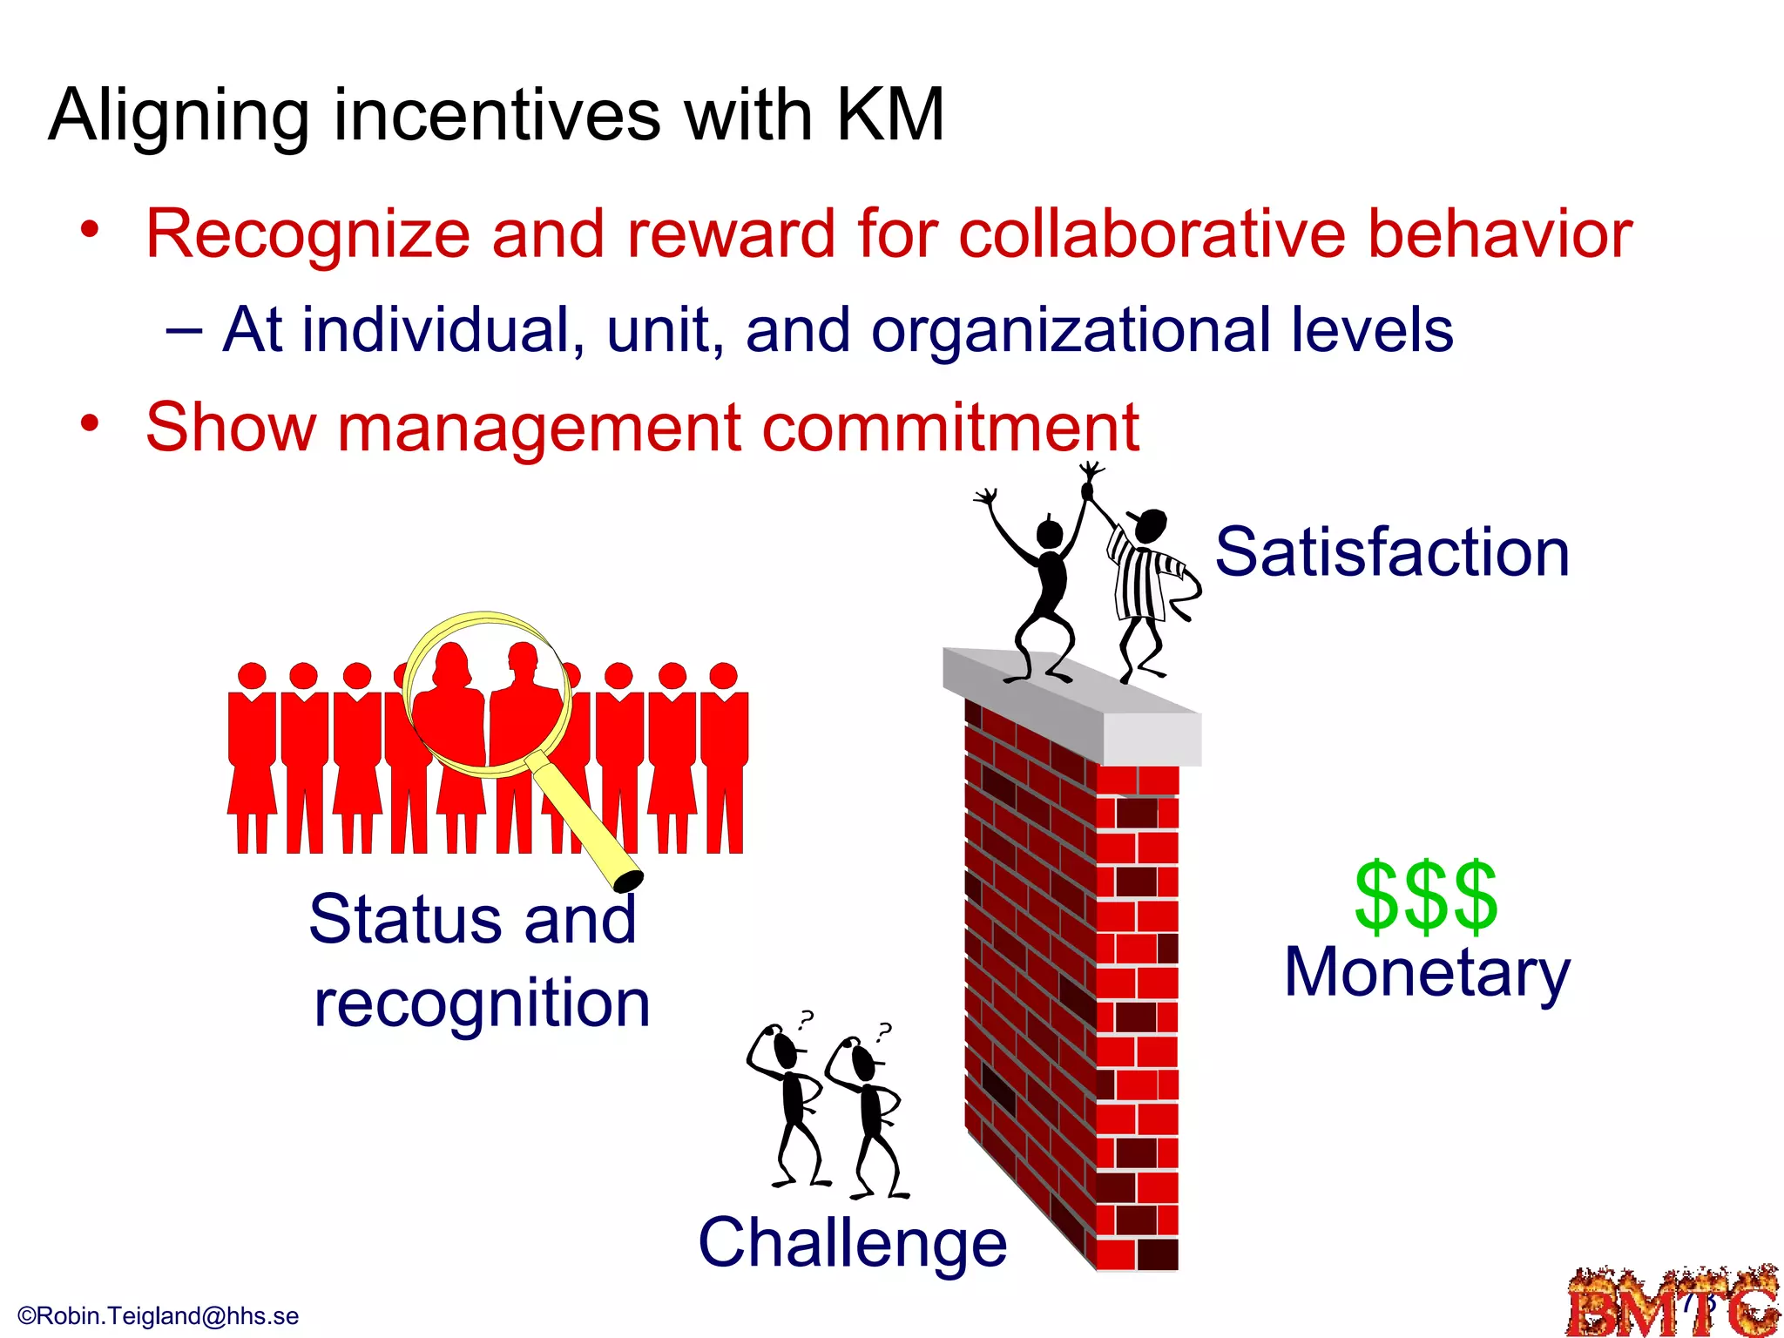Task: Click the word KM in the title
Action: (x=889, y=115)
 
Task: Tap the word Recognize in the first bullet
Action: (x=307, y=235)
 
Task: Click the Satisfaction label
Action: (x=1391, y=552)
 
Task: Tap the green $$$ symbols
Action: (x=1425, y=897)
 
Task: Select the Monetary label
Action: (x=1427, y=973)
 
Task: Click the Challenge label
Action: (x=852, y=1244)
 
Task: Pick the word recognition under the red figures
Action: (x=482, y=1003)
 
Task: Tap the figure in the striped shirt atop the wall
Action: (x=1146, y=584)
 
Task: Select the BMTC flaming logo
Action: (x=1672, y=1302)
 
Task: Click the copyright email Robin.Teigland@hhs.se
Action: (x=159, y=1315)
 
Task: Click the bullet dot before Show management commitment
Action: (x=90, y=424)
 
